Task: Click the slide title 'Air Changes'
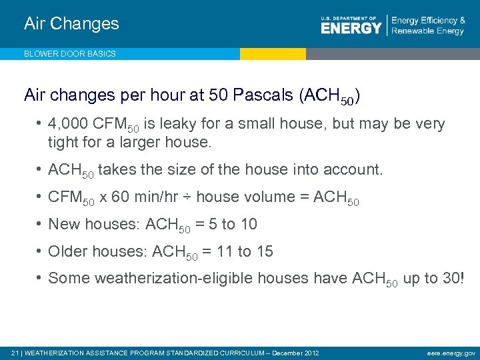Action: [71, 24]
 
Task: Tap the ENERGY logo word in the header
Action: [351, 28]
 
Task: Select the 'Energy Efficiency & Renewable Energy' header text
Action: [427, 26]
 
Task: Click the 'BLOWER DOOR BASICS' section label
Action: [70, 54]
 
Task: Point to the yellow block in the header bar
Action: [273, 54]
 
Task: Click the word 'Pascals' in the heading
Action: [262, 95]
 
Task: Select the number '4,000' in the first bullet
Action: [68, 125]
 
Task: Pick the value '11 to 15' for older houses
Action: [247, 252]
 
